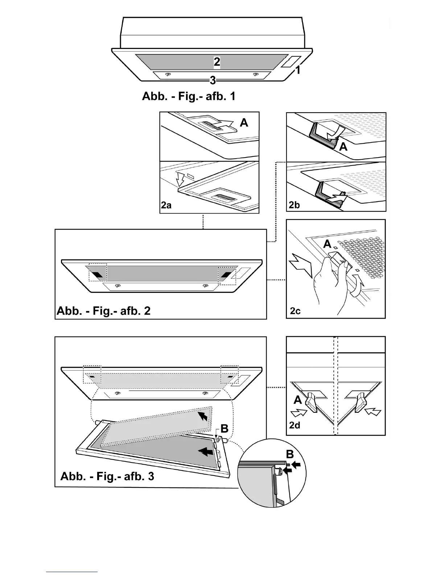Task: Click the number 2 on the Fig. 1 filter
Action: (217, 62)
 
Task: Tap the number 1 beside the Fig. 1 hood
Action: (298, 70)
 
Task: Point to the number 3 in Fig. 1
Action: (213, 80)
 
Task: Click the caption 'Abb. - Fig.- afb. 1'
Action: (189, 96)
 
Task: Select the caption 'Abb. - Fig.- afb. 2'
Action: (103, 311)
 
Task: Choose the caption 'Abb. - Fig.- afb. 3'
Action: (107, 476)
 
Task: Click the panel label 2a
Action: (166, 205)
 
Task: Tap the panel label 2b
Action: (294, 205)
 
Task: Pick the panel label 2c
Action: (295, 311)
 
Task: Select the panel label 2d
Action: (295, 425)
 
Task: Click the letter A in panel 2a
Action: (244, 123)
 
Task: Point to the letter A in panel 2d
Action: (297, 400)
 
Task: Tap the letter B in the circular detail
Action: (290, 454)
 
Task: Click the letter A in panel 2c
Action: (328, 244)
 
